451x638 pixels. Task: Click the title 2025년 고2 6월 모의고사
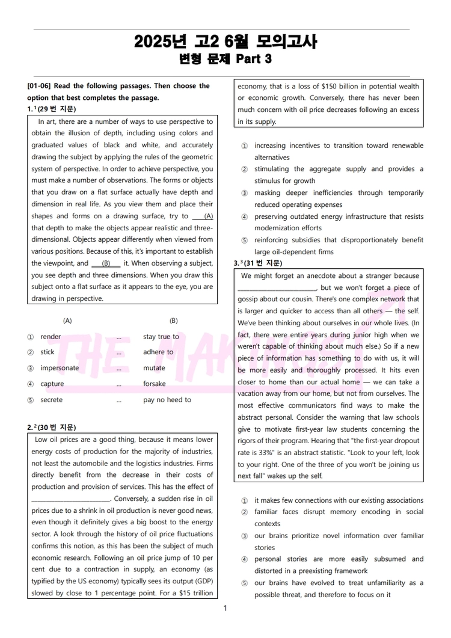(x=226, y=41)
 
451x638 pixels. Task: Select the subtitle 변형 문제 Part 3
(x=226, y=59)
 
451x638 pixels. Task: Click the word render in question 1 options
(x=51, y=337)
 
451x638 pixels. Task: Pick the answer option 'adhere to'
(x=158, y=352)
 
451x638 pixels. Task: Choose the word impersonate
(x=60, y=368)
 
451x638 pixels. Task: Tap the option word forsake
(x=155, y=384)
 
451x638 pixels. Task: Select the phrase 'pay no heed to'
(x=167, y=400)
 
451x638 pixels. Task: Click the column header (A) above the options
(x=67, y=321)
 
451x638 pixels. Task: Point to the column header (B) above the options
(x=173, y=321)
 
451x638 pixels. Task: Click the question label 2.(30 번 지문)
(x=52, y=428)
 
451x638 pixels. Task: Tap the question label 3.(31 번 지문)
(x=257, y=263)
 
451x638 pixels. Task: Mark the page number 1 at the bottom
(x=226, y=609)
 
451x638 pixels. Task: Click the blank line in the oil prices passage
(x=70, y=499)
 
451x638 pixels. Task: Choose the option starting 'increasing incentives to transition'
(x=339, y=146)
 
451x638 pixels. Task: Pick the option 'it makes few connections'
(x=339, y=500)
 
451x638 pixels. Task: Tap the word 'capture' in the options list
(x=52, y=384)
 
